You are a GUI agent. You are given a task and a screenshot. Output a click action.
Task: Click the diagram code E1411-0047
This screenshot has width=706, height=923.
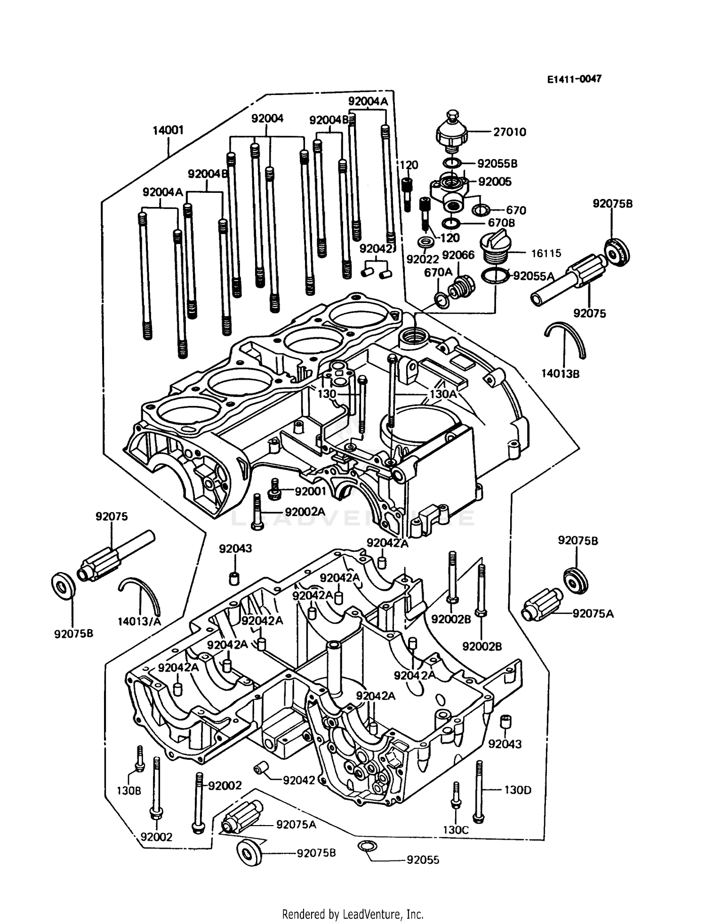574,79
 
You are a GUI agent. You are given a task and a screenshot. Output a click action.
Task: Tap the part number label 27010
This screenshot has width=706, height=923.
509,132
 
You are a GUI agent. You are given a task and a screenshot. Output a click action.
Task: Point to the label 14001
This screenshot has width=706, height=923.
168,130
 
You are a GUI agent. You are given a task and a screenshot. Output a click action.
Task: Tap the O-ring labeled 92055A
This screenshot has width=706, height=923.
495,276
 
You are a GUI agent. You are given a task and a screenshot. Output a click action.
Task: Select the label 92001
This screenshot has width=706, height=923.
310,491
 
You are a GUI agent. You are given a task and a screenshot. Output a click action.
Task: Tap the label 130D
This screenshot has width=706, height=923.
517,790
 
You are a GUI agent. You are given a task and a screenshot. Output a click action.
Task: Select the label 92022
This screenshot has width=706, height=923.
422,259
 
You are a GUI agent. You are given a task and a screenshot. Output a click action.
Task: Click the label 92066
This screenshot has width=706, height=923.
458,255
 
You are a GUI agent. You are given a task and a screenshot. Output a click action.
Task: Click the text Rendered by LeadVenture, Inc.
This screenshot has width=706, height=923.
353,914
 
